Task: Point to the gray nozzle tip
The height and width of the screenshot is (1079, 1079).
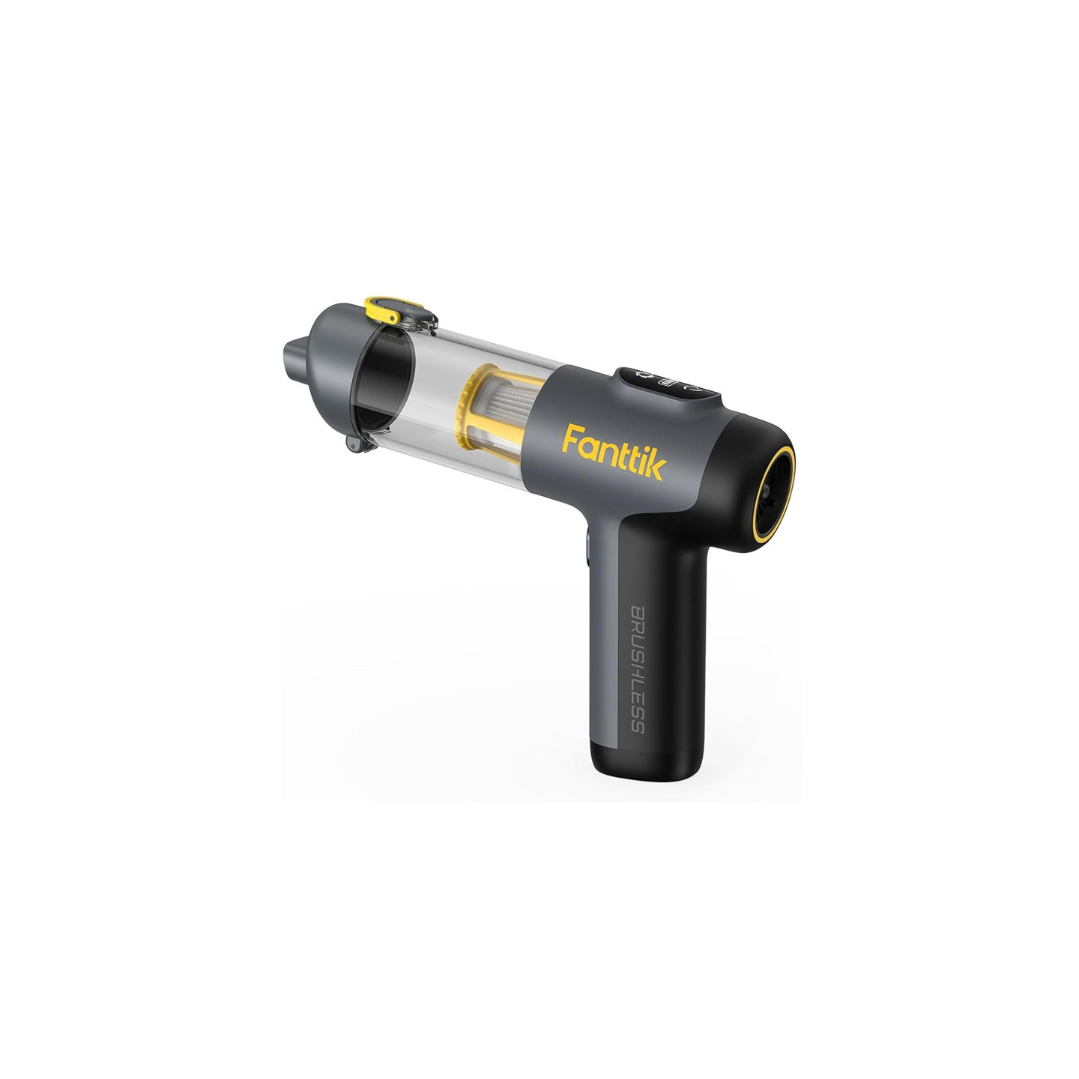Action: (x=294, y=354)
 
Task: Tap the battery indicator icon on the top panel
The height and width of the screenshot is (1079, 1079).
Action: (x=668, y=382)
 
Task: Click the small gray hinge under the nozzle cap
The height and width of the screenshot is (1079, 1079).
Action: (x=355, y=445)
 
